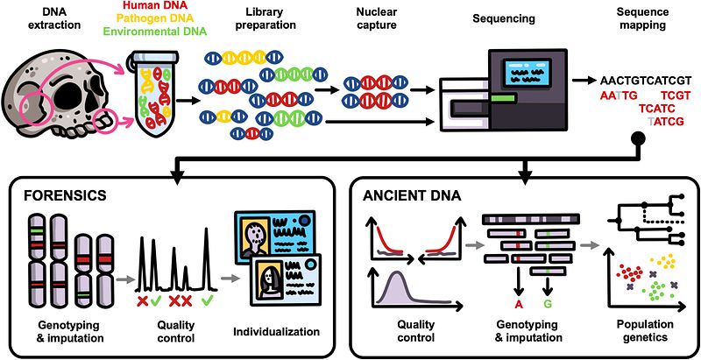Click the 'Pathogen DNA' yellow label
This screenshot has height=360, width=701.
click(x=154, y=21)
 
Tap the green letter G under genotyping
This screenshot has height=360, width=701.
click(x=549, y=305)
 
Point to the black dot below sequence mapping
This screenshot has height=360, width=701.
click(x=639, y=138)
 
